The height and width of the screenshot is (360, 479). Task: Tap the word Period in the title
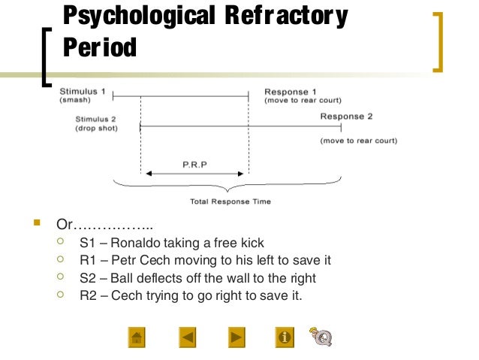point(99,47)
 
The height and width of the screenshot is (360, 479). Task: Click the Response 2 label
point(346,116)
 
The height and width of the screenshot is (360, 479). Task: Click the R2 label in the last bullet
point(88,295)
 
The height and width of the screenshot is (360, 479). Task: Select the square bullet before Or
point(35,223)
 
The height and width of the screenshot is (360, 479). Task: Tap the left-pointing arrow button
point(188,337)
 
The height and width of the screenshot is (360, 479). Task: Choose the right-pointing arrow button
point(236,337)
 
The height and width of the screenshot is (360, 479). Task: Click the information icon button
point(285,337)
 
